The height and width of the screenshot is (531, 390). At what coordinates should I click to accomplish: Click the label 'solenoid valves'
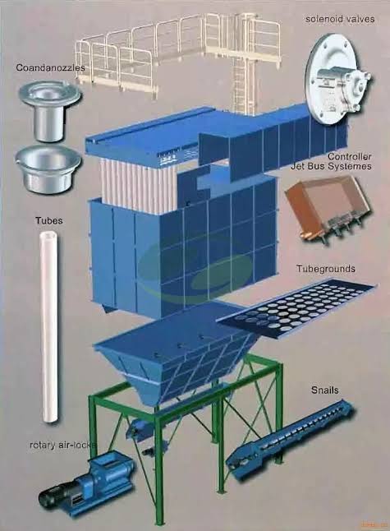click(x=340, y=19)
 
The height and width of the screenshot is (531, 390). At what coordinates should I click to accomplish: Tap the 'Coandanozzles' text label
click(x=50, y=67)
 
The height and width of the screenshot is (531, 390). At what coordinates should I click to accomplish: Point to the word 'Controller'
click(x=350, y=156)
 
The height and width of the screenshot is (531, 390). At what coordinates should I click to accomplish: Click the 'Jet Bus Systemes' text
click(x=331, y=166)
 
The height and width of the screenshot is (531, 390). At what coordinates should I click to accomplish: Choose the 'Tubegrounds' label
click(x=326, y=269)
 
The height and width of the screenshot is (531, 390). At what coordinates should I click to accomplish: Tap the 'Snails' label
click(x=324, y=390)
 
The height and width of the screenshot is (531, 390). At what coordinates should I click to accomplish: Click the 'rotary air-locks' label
click(x=63, y=445)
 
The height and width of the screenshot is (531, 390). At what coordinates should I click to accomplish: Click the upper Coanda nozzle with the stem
click(x=49, y=110)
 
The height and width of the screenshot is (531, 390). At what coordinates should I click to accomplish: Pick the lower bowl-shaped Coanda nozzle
click(x=48, y=169)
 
